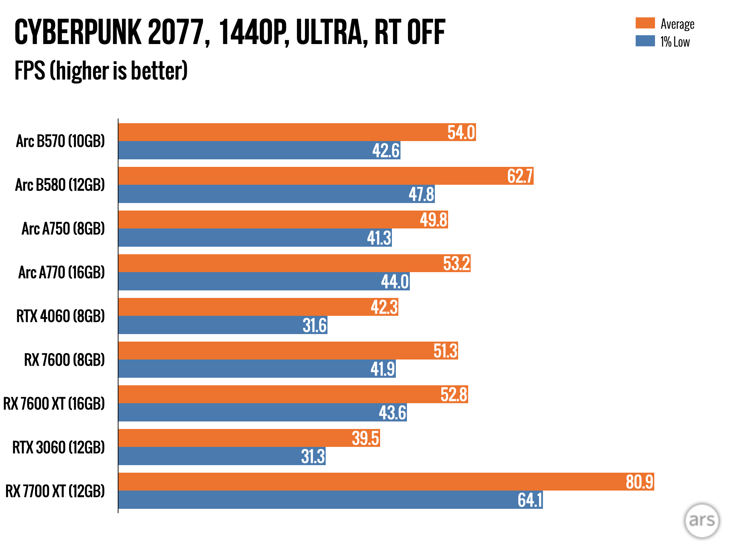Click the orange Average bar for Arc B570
(279, 132)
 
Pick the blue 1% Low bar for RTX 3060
(208, 456)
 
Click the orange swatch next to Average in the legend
(645, 23)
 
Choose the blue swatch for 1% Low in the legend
(645, 41)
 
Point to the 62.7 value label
(520, 176)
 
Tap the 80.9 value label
(640, 482)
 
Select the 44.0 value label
(395, 281)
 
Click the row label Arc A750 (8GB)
(63, 229)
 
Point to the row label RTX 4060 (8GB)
(60, 316)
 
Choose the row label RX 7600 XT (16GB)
(54, 404)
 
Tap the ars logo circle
(702, 520)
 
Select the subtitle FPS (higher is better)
(101, 71)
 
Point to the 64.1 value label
(530, 500)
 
